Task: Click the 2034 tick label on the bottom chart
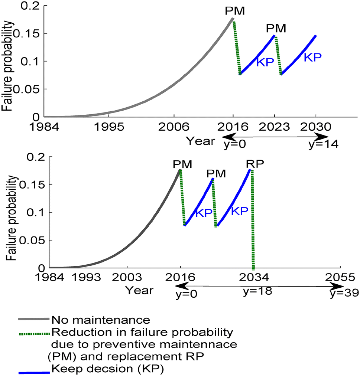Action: point(253,277)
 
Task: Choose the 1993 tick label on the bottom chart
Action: point(86,277)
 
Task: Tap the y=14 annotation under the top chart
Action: point(323,144)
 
